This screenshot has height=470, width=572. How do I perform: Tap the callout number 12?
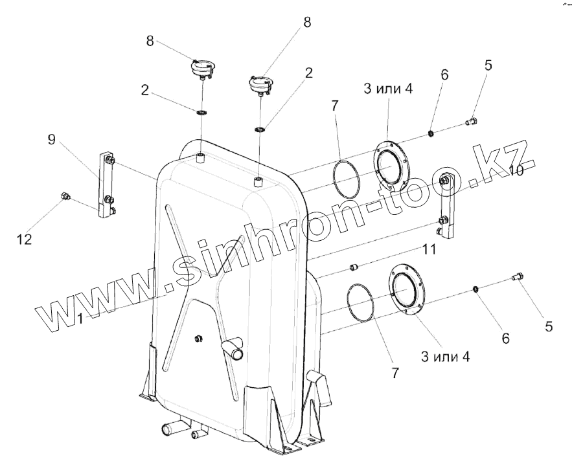click(24, 239)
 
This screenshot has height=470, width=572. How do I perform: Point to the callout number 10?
click(516, 170)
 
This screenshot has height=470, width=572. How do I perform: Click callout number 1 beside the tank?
click(80, 318)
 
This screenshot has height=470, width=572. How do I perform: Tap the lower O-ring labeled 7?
click(360, 302)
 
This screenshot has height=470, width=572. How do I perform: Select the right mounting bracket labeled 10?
click(446, 206)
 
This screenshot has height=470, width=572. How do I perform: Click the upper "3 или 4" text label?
click(387, 89)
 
